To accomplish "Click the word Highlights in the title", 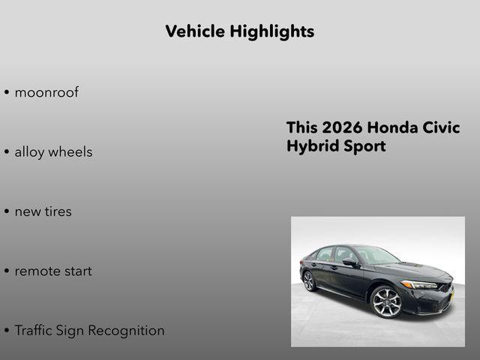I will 272,31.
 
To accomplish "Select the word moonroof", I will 46,93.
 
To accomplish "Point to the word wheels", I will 71,152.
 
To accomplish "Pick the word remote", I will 37,271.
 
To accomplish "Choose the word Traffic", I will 37,330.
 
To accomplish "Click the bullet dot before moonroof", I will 7,94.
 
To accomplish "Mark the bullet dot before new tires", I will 7,212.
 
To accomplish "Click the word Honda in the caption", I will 396,128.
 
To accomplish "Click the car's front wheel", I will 387,301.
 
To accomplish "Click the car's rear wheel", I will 309,280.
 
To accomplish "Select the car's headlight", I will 420,285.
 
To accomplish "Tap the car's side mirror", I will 350,262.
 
